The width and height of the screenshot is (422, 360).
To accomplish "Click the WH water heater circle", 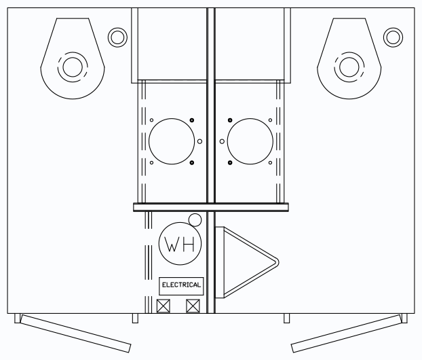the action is pos(180,244).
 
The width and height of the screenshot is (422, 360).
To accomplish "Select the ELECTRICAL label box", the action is pos(181,286).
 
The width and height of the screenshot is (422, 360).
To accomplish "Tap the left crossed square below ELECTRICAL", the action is pos(164,306).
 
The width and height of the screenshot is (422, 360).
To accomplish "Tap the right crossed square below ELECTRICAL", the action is pos(193,306).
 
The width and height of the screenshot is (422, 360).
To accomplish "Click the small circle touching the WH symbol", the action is pos(195,220).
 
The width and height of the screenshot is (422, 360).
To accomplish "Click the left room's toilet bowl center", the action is pos(73,67).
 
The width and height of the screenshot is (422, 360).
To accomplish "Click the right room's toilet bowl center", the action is pos(349,67).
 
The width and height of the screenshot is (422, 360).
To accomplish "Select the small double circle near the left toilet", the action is pos(117,37).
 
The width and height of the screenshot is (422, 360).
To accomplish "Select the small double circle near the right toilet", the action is pos(394,37).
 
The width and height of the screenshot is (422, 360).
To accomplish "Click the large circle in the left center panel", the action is pos(172,141).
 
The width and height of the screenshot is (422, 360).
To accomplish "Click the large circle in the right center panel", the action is pos(250,141).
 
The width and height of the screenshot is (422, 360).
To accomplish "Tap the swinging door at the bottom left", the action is pos(75,334).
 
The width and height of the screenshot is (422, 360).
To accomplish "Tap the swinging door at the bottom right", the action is pos(347,334).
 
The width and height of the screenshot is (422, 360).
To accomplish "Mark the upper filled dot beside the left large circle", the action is pos(192,120).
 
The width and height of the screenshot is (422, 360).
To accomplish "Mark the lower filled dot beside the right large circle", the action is pos(230,163).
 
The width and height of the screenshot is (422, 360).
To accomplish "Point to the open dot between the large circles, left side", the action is pos(199,141).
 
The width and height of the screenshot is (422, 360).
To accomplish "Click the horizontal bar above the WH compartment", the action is pos(211,207).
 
